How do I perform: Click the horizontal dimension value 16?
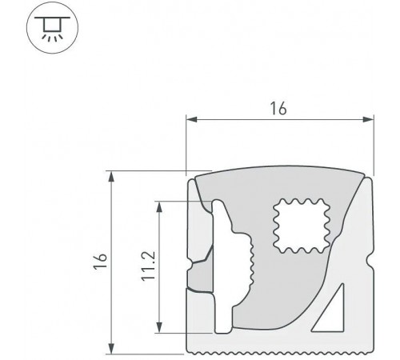[x=278, y=108]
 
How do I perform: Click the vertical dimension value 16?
[x=101, y=261]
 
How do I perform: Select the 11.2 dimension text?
[x=148, y=266]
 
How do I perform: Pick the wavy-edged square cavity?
[x=301, y=226]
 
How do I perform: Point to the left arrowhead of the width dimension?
[x=191, y=119]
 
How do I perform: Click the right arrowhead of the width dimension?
[x=368, y=119]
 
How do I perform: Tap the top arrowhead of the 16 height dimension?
[x=111, y=177]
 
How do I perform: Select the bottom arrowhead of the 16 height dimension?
[x=111, y=349]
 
